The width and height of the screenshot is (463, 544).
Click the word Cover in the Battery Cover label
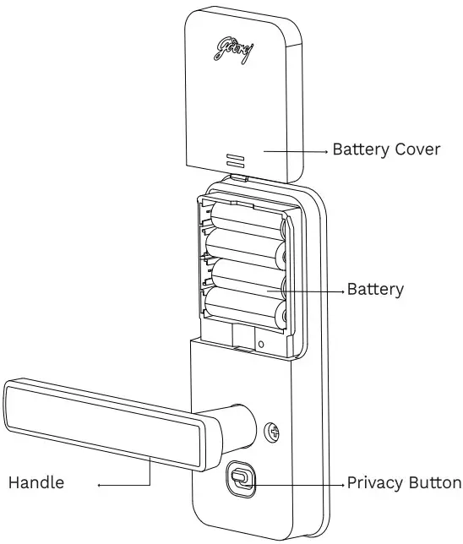pos(417,150)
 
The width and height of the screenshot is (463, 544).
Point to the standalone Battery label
pos(376,290)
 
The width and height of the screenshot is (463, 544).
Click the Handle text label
pos(36,484)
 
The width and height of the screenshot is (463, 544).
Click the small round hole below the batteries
pos(261,344)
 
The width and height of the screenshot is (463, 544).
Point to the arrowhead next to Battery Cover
pos(325,150)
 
